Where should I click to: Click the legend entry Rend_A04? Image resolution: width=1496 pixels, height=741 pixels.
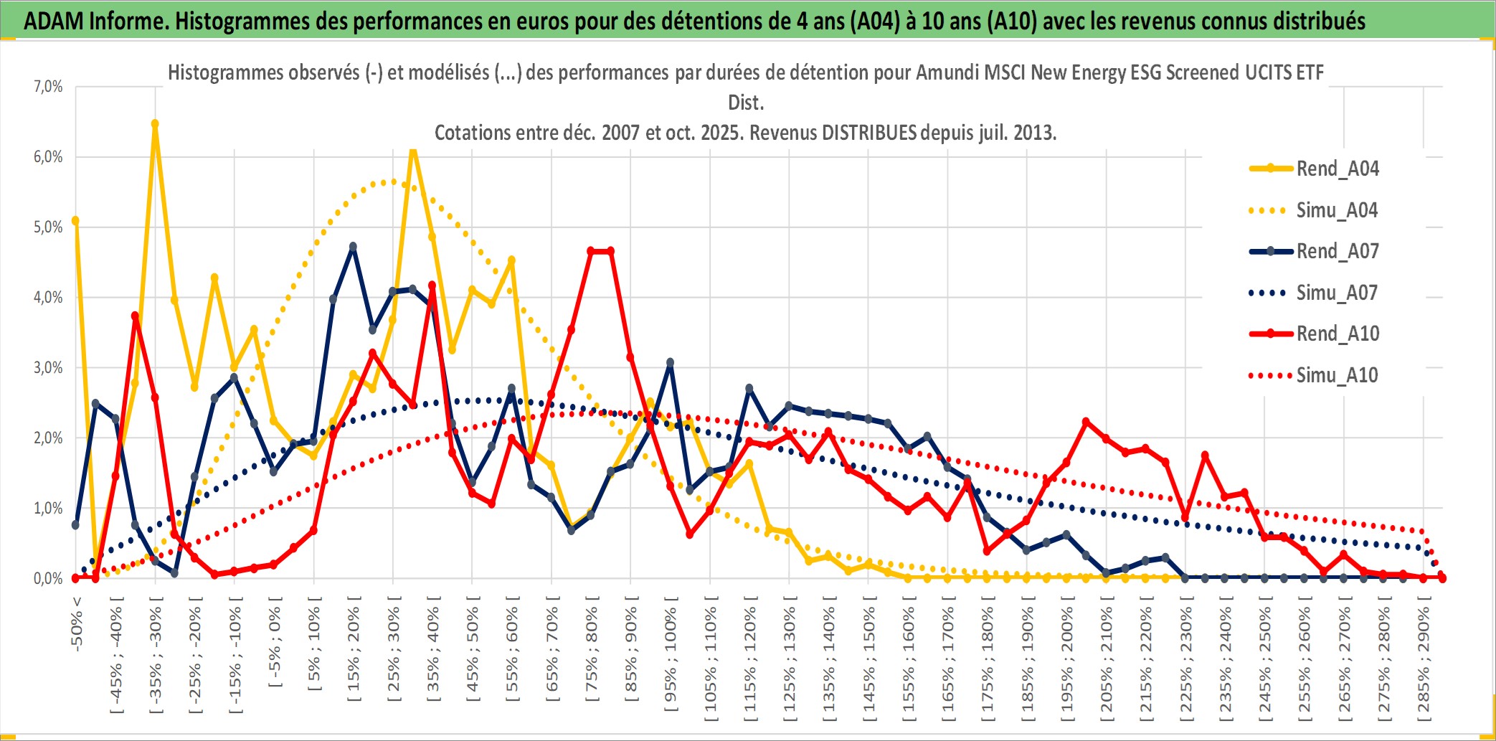(1337, 169)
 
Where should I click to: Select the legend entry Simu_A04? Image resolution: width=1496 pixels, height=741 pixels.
(1337, 210)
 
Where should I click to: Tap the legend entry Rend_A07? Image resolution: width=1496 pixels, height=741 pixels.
(1337, 251)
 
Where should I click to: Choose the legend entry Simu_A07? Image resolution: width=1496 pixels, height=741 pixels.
(1337, 293)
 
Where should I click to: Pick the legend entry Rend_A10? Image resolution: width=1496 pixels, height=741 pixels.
(1337, 334)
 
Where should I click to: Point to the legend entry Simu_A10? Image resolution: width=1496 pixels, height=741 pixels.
(1337, 375)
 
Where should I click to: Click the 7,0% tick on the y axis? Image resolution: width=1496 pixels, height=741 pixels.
(48, 87)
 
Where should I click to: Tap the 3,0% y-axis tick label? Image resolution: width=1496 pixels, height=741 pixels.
(48, 368)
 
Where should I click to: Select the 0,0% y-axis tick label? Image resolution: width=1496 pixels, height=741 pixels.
(48, 578)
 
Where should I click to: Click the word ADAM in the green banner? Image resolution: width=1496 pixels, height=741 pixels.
(54, 21)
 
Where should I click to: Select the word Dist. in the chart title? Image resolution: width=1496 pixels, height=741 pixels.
(746, 103)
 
